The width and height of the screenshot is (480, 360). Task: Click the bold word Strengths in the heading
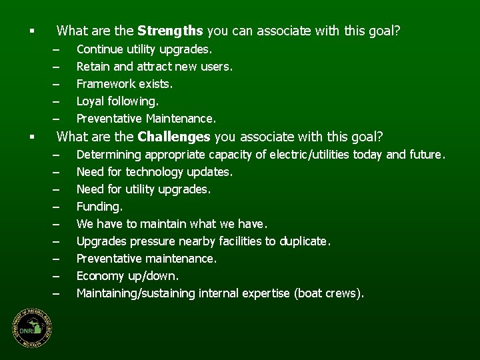click(171, 31)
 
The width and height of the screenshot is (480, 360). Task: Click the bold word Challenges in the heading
click(175, 137)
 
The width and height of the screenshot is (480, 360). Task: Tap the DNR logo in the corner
click(31, 329)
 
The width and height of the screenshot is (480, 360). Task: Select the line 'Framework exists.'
click(125, 84)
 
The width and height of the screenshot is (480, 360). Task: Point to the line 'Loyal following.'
click(118, 101)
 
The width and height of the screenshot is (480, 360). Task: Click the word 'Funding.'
click(99, 207)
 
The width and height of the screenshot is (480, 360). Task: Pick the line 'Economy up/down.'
click(128, 276)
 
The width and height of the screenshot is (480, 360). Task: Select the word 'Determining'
click(109, 155)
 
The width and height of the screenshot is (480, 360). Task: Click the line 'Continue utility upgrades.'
click(145, 49)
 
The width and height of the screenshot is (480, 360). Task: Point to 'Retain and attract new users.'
click(155, 67)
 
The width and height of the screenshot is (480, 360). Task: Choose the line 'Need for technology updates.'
click(155, 172)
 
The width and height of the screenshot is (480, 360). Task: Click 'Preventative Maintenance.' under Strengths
click(146, 119)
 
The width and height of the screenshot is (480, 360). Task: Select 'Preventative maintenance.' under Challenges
click(146, 259)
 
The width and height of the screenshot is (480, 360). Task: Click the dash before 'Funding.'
click(57, 207)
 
